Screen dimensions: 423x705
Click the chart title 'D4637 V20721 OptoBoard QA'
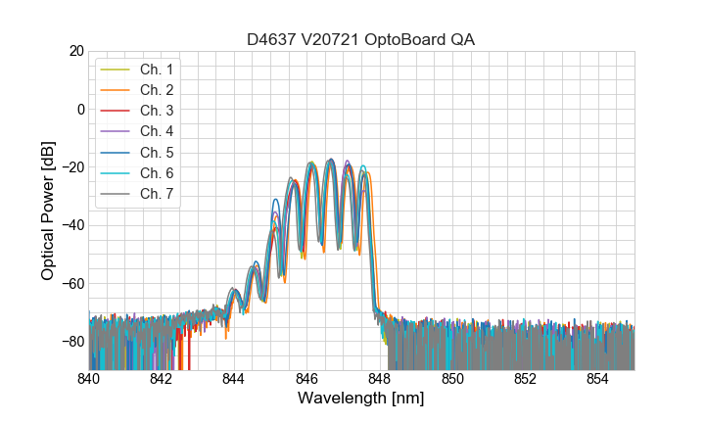click(x=361, y=38)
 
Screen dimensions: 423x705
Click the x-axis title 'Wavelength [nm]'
click(x=361, y=399)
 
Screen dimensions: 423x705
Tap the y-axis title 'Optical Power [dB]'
click(x=48, y=210)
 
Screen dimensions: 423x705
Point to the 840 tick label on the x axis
click(x=88, y=379)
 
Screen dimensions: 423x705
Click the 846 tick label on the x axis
click(x=306, y=379)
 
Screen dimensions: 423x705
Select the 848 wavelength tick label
click(x=380, y=379)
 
